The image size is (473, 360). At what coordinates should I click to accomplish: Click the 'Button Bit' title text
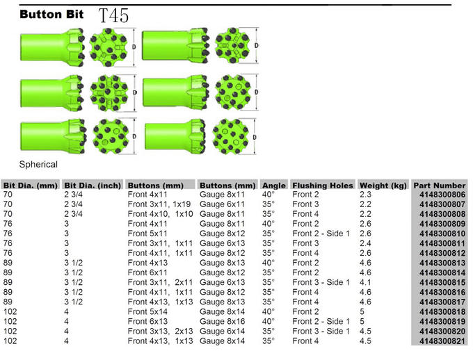[51, 14]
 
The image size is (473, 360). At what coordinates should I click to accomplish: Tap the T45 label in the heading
[113, 15]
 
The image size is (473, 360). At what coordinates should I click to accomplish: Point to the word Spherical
[38, 164]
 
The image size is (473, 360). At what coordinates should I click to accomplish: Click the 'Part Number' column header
[439, 185]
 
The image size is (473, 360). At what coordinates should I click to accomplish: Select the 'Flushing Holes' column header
[323, 185]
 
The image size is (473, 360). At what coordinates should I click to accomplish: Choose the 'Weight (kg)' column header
[383, 185]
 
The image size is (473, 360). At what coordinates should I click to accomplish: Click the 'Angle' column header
[273, 185]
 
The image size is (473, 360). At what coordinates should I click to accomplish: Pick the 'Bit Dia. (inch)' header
[93, 185]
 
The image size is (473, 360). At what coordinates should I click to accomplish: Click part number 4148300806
[442, 195]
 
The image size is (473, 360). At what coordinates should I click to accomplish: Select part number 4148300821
[442, 341]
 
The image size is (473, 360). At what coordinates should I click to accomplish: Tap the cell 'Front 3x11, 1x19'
[159, 204]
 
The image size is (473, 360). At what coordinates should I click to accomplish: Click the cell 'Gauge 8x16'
[222, 321]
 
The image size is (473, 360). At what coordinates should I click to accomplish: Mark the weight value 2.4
[365, 243]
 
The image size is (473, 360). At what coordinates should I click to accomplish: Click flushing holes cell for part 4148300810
[321, 234]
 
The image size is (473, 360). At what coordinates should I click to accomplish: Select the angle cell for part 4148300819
[268, 321]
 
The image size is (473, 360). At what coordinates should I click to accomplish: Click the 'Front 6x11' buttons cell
[147, 272]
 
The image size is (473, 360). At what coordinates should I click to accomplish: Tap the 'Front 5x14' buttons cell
[147, 312]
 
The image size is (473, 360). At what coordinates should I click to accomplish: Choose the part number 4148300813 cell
[442, 263]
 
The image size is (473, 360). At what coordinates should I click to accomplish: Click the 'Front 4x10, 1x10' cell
[160, 214]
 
